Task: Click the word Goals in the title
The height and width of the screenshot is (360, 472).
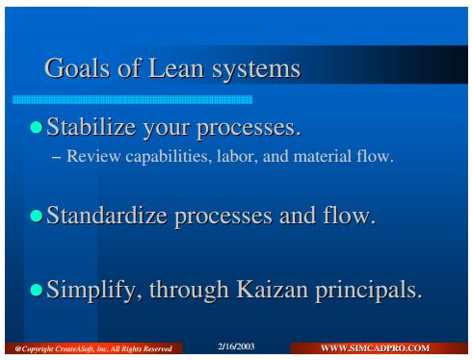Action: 77,67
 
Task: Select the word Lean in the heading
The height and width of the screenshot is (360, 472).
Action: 176,67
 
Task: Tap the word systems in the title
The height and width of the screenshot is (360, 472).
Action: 256,70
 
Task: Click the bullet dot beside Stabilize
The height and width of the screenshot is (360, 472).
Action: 37,127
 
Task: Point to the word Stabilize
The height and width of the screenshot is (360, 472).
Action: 91,126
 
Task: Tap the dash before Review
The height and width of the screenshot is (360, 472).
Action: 56,158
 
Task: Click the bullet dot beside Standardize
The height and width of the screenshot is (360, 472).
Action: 37,216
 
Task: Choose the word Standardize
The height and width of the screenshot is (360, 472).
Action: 107,215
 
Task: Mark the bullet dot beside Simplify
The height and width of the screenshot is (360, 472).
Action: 37,290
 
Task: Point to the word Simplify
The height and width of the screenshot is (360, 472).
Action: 94,291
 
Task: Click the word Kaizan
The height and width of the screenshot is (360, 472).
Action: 273,289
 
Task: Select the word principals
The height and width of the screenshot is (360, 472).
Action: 368,291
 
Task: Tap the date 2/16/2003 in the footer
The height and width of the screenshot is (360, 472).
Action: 236,347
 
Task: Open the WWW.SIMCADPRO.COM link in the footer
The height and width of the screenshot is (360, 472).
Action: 375,348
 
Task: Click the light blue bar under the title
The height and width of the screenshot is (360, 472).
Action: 132,99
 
